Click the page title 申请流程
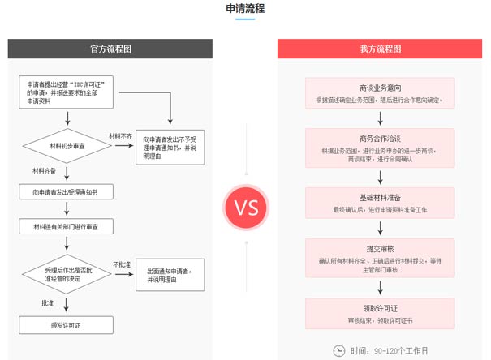pyautogui.click(x=245, y=9)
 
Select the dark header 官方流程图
pyautogui.click(x=111, y=49)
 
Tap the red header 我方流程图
pyautogui.click(x=380, y=49)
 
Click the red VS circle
pyautogui.click(x=246, y=207)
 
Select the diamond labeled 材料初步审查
pyautogui.click(x=66, y=146)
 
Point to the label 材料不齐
pyautogui.click(x=121, y=135)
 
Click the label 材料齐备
pyautogui.click(x=45, y=171)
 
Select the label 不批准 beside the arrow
pyautogui.click(x=122, y=265)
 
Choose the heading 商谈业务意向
pyautogui.click(x=380, y=88)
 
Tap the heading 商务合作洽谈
pyautogui.click(x=380, y=138)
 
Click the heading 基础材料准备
pyautogui.click(x=380, y=198)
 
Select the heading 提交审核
pyautogui.click(x=380, y=249)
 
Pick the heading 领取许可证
pyautogui.click(x=380, y=309)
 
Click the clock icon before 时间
pyautogui.click(x=338, y=349)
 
